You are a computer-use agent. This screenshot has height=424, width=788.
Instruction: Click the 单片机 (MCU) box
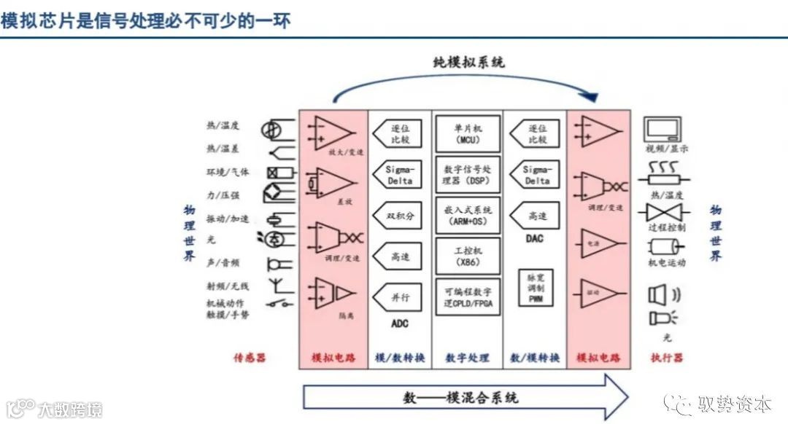tap(468, 133)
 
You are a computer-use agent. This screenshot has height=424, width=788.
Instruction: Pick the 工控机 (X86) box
tap(468, 256)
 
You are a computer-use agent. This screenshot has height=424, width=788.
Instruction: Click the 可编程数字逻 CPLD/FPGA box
tap(468, 297)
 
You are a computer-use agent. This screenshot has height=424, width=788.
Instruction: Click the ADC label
tap(400, 323)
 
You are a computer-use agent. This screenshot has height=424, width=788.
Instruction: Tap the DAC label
tap(535, 238)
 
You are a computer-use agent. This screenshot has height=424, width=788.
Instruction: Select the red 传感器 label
tap(250, 358)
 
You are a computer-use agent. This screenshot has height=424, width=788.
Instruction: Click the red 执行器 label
tap(666, 358)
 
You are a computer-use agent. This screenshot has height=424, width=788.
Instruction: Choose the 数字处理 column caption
tap(468, 358)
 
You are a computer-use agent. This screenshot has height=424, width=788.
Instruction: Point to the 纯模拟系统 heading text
tap(468, 63)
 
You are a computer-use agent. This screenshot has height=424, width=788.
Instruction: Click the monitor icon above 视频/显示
tap(663, 130)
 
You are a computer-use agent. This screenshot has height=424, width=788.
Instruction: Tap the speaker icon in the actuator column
tap(659, 295)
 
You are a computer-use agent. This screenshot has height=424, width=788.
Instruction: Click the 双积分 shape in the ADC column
tap(398, 216)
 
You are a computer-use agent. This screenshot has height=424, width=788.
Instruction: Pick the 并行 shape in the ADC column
tap(398, 297)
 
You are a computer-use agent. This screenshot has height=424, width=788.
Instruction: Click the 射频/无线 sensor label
tap(228, 286)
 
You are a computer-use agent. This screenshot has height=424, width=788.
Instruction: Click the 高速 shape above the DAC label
tap(535, 216)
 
